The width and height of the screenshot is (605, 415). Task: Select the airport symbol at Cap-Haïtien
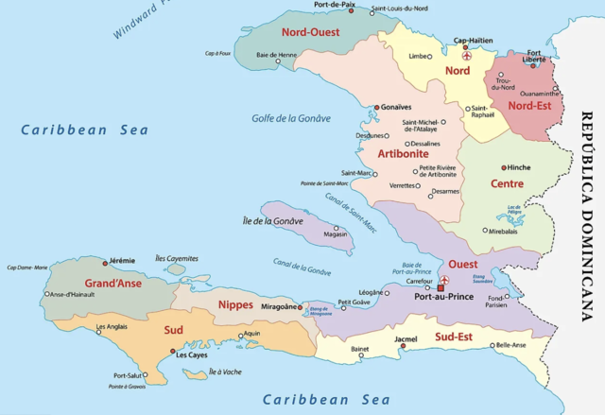[464, 55]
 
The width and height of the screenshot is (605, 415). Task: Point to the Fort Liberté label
[534, 56]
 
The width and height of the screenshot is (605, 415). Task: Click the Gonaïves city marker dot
[375, 108]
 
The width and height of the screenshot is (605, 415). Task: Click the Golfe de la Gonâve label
[291, 118]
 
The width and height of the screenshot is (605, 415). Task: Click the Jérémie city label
[120, 260]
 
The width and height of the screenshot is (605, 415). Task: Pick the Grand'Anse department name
[113, 283]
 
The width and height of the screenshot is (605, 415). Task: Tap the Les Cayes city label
[191, 354]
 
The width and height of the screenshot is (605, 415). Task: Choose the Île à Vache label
[226, 372]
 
